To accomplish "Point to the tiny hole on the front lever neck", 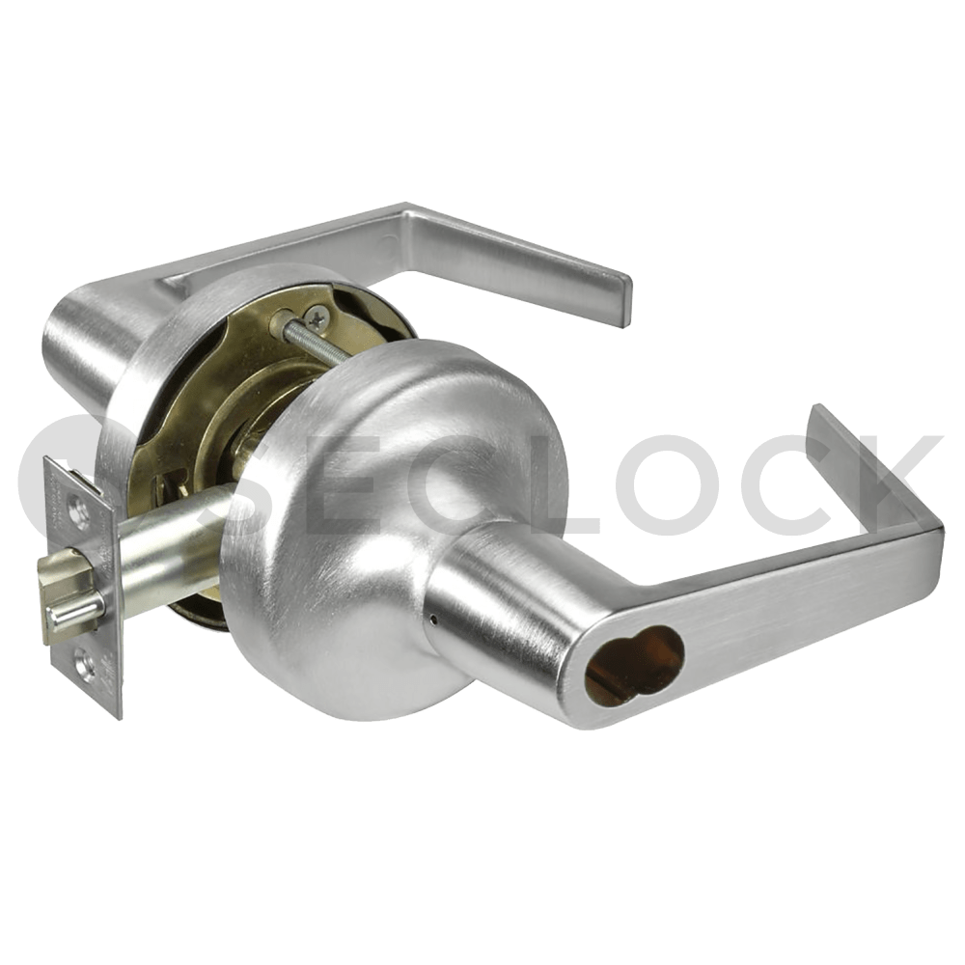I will (435, 614).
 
